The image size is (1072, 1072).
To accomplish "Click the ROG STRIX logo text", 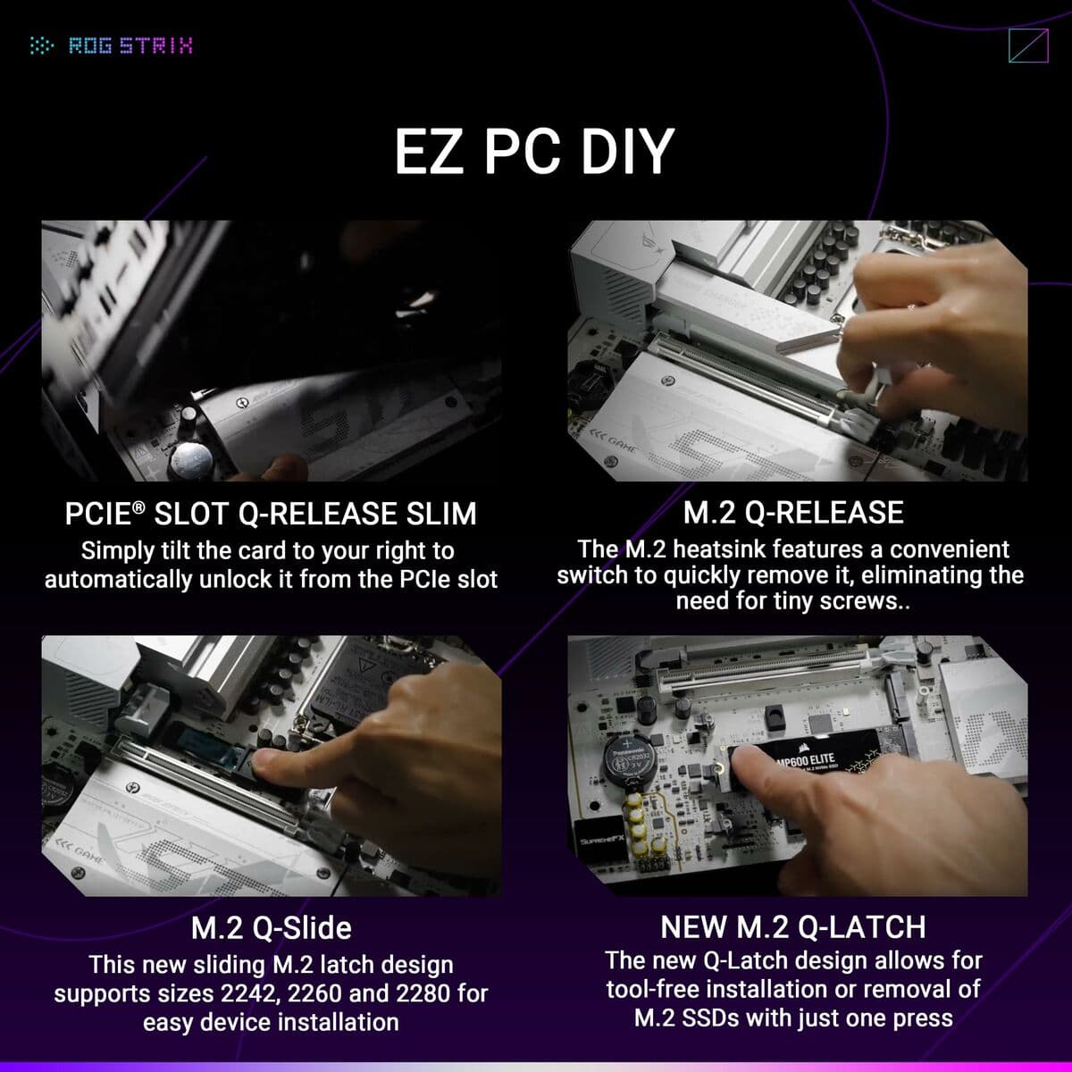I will [130, 46].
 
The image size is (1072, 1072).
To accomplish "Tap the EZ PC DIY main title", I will [533, 151].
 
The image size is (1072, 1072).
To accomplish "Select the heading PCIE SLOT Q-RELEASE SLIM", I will [271, 514].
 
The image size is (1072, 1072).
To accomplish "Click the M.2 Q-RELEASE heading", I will [793, 513].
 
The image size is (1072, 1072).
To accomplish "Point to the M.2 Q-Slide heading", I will [271, 927].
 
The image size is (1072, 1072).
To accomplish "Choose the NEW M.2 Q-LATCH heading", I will [792, 926].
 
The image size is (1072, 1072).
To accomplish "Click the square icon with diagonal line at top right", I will [1027, 46].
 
